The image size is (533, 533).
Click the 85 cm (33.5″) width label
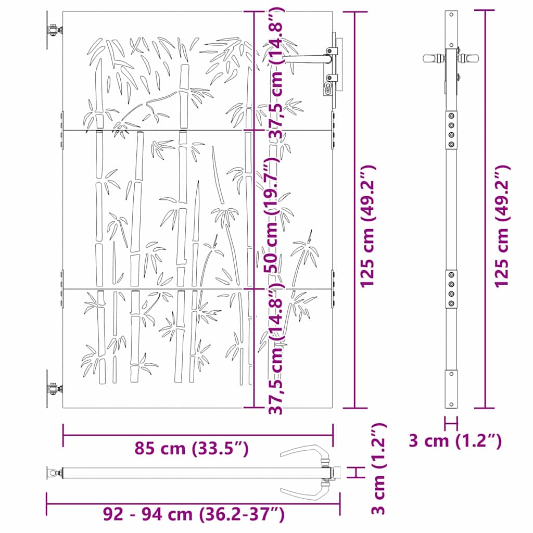click(x=191, y=448)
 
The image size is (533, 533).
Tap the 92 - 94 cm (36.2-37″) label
click(x=194, y=515)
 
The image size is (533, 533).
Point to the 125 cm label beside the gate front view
click(x=368, y=226)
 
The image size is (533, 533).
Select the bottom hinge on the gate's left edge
click(x=53, y=388)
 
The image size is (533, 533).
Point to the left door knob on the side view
click(x=433, y=59)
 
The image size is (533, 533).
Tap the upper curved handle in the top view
click(x=307, y=452)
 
